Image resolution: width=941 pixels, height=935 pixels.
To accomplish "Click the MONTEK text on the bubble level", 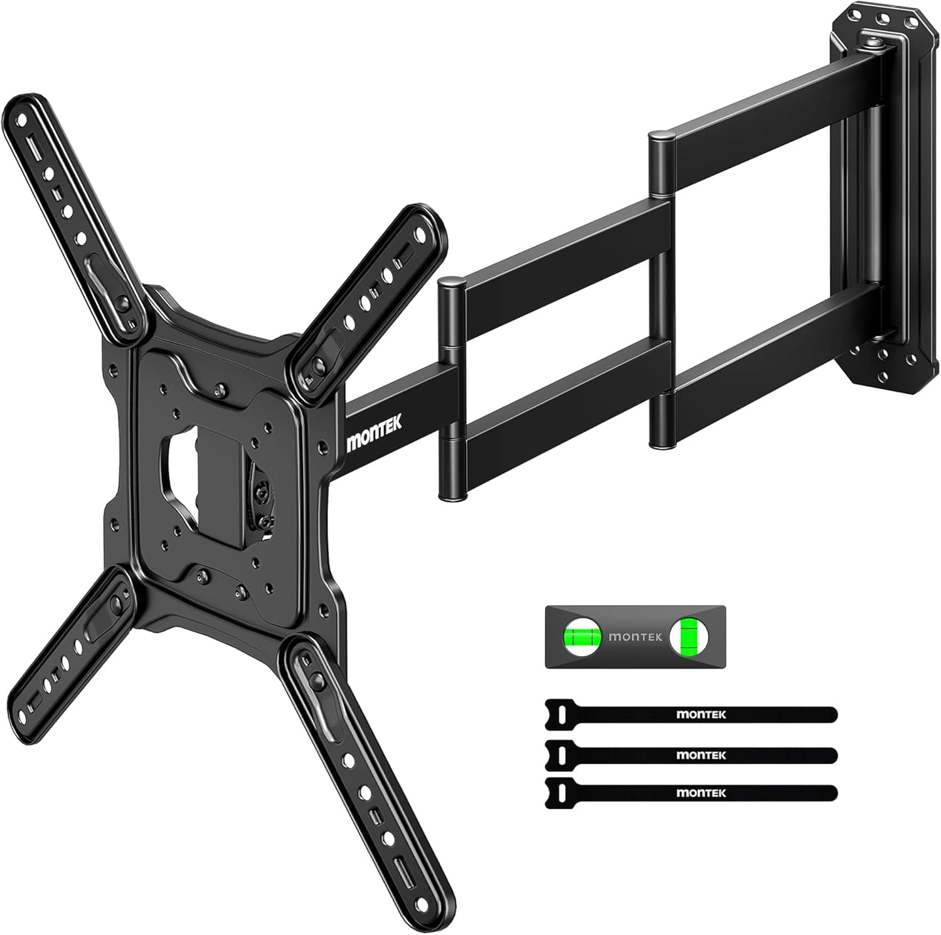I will (635, 637).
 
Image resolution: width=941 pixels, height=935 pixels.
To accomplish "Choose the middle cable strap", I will (690, 754).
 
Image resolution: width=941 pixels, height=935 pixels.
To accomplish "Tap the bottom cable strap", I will (690, 793).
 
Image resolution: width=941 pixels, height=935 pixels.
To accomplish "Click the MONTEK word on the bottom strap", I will (701, 793).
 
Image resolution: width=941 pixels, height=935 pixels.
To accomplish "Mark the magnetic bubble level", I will (635, 637).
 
